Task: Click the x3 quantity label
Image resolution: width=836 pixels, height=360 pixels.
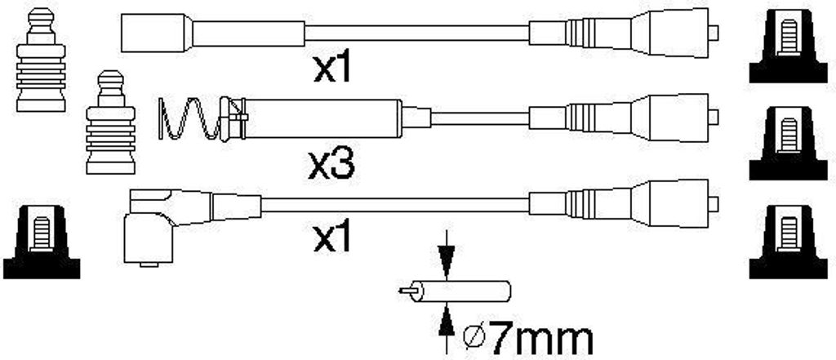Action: pyautogui.click(x=331, y=165)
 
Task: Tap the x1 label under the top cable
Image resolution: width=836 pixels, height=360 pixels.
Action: pyautogui.click(x=333, y=69)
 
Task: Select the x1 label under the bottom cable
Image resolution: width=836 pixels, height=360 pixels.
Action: pyautogui.click(x=333, y=238)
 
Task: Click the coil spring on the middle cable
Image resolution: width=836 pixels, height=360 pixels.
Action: pyautogui.click(x=189, y=118)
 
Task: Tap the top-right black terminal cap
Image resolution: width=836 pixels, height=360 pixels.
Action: pyautogui.click(x=788, y=47)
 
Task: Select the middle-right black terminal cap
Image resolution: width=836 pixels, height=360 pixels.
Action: pyautogui.click(x=788, y=144)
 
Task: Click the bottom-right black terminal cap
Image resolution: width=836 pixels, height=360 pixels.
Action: pyautogui.click(x=788, y=242)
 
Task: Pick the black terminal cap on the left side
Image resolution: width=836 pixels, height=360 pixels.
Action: pyautogui.click(x=42, y=242)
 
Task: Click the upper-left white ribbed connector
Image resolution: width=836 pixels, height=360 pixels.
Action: pyautogui.click(x=41, y=60)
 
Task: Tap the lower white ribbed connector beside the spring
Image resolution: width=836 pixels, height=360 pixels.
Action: pyautogui.click(x=110, y=122)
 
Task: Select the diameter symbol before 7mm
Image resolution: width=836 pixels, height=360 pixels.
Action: pyautogui.click(x=474, y=340)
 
